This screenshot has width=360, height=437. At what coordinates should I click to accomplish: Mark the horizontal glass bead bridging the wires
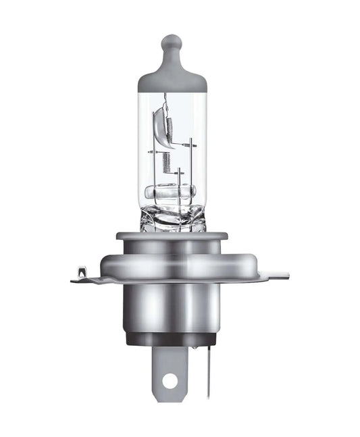(x=171, y=192)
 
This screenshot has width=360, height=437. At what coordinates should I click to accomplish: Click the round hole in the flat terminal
(x=170, y=380)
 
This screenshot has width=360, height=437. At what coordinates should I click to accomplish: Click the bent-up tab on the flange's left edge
(x=82, y=274)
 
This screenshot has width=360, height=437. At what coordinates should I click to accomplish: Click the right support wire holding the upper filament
(x=191, y=165)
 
